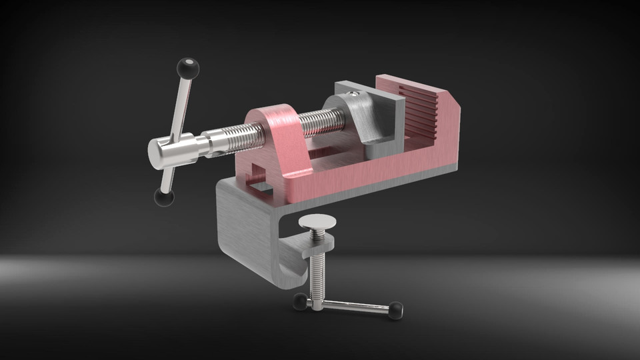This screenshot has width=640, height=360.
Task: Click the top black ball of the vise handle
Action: (188, 67)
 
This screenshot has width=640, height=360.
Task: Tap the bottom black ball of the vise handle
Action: (163, 197)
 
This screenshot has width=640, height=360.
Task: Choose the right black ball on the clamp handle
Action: (396, 310)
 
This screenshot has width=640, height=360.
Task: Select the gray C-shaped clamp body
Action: (243, 230)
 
